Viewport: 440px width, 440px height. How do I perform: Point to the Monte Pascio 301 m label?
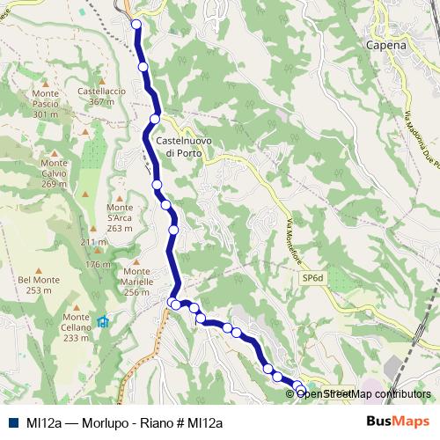click(45, 103)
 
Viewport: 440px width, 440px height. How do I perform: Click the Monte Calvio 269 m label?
click(53, 172)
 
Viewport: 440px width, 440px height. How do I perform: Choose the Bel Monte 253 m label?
click(40, 284)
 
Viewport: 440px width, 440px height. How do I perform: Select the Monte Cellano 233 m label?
click(77, 326)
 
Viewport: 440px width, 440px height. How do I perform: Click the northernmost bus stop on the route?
click(136, 25)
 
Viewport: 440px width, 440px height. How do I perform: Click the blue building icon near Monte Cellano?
click(103, 321)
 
